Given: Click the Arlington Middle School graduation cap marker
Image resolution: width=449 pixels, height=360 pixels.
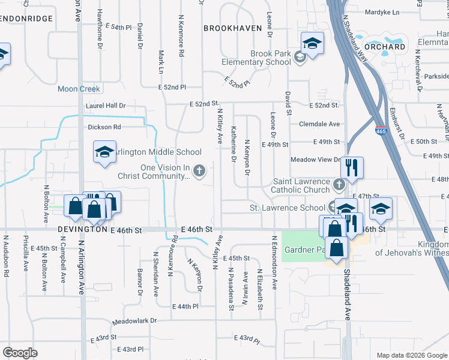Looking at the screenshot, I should point(104,152).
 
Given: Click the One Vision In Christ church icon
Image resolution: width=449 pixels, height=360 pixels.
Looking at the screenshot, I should point(200,172).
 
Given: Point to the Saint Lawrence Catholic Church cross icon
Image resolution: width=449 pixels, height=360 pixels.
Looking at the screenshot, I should point(339,182).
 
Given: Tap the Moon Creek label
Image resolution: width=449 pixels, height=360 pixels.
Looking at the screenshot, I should point(79,89).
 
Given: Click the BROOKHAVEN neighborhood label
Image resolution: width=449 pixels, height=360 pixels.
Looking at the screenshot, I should point(232,28).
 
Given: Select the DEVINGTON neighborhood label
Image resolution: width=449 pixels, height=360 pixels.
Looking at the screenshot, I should point(83,230).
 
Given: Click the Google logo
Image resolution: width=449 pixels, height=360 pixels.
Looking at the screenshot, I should point(20,353).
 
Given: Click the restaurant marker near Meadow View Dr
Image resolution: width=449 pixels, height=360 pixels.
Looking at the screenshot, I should point(352,168).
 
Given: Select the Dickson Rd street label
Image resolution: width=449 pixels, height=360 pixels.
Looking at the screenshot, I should point(104,127).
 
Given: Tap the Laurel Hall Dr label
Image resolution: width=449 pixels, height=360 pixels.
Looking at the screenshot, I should point(106,105).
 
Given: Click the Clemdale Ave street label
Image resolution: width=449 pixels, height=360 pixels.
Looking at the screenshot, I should point(319,124).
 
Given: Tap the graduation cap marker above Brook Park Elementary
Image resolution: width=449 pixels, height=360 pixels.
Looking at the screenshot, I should point(313,43).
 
